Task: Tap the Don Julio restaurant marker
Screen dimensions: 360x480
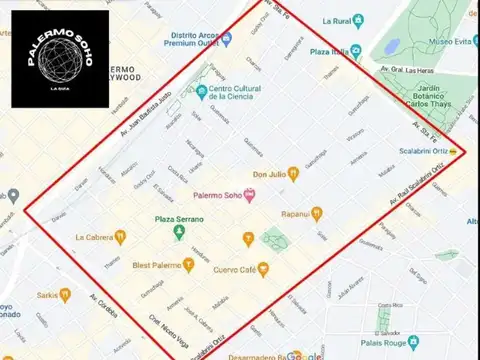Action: click(293, 173)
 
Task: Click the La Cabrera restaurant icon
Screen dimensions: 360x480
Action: click(120, 237)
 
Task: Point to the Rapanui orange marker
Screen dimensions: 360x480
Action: click(317, 213)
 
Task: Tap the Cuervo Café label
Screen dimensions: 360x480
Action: click(241, 269)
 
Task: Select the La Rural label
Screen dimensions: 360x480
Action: click(336, 19)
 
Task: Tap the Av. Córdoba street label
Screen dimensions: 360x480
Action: click(104, 306)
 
